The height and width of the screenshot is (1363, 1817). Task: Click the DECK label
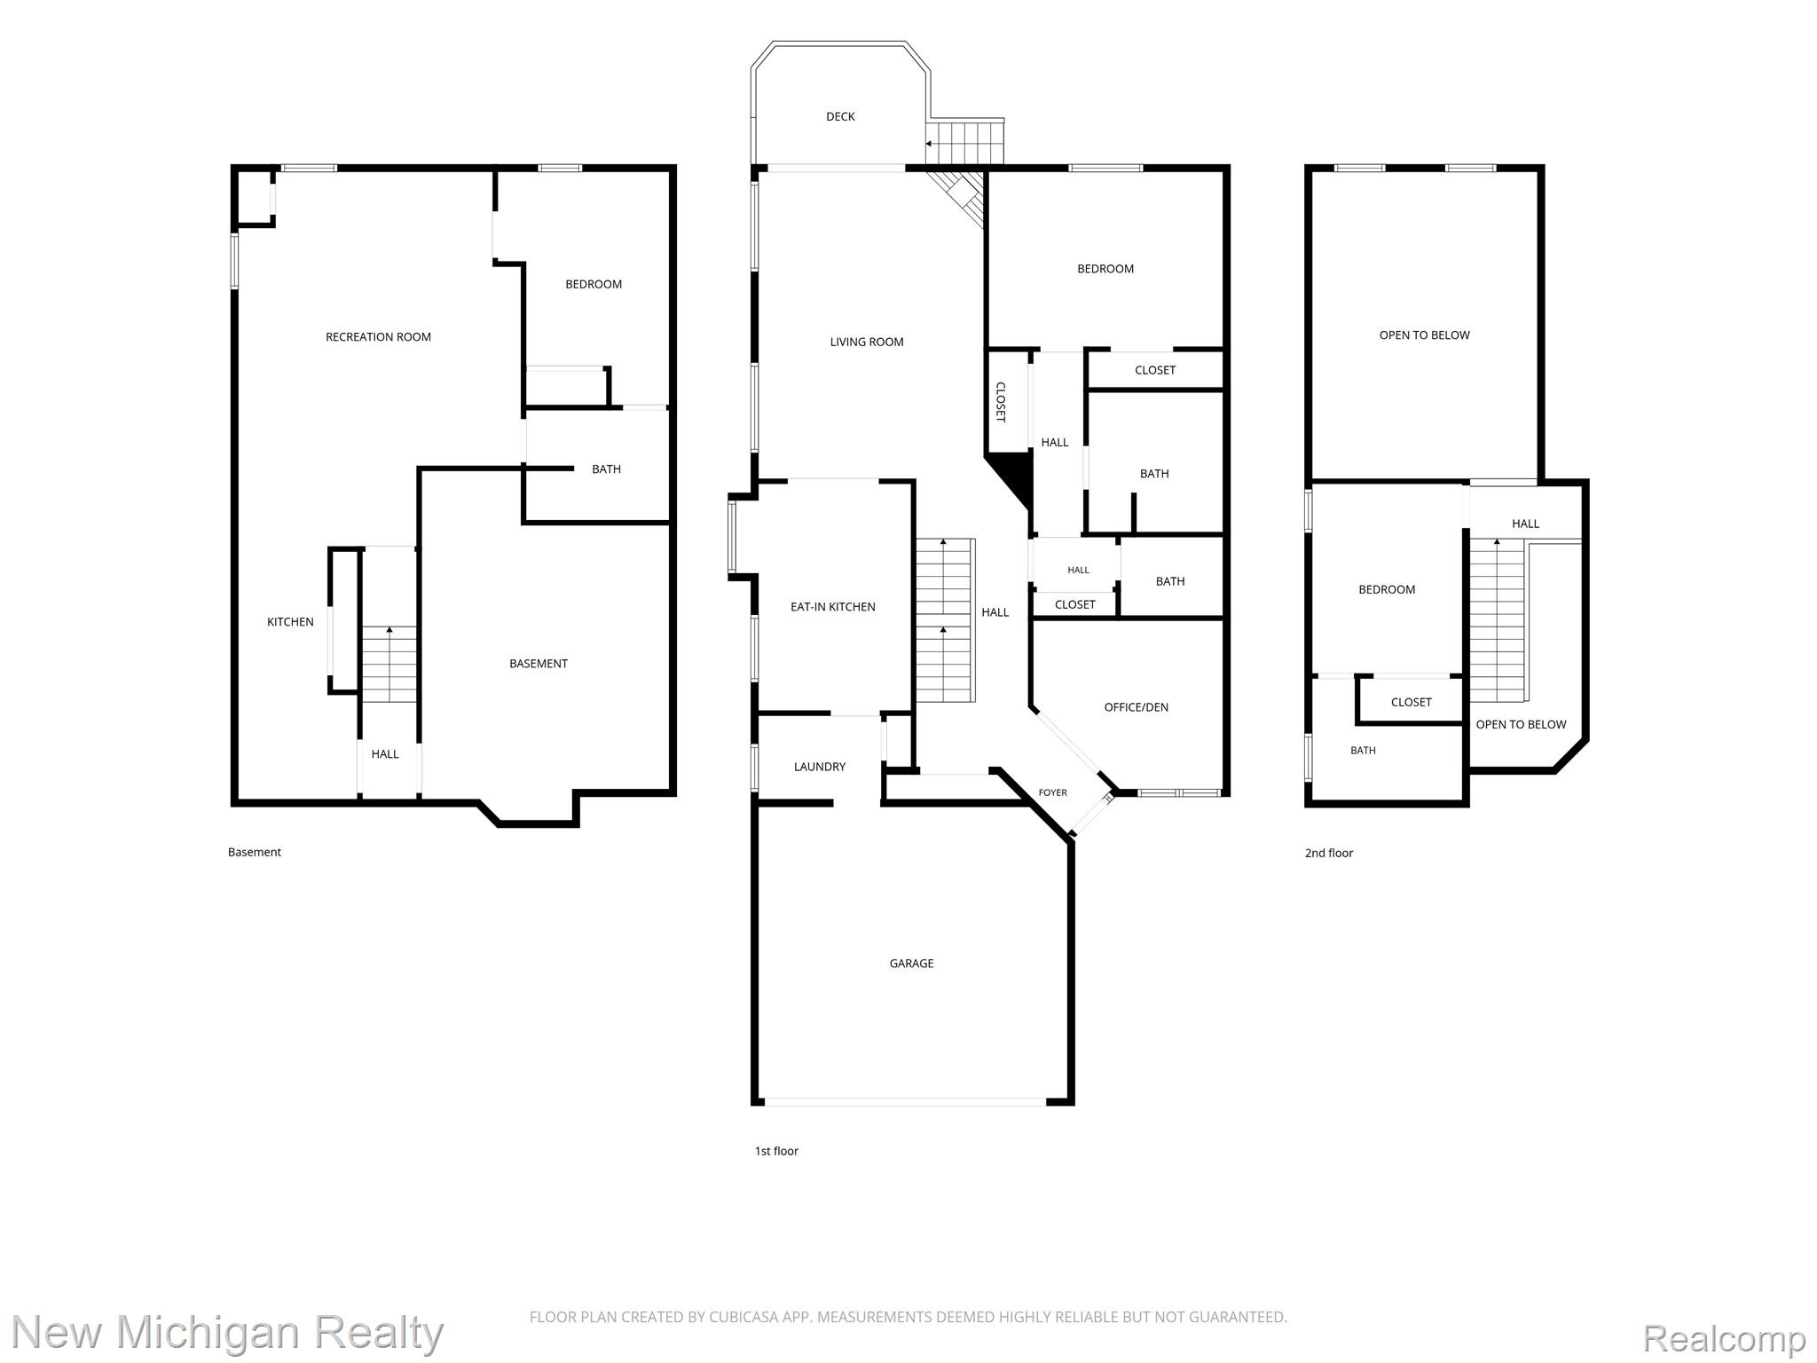coord(840,116)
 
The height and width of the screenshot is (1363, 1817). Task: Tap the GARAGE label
coord(911,963)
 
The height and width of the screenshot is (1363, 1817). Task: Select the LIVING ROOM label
coord(867,342)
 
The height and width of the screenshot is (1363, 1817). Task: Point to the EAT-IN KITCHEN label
coord(832,607)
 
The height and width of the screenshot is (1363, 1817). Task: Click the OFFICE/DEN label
coord(1136,707)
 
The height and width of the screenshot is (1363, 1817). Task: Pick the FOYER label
coord(1053,792)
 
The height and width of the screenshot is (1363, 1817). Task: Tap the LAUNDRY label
coord(820,767)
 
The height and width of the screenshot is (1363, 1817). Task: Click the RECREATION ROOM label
coord(378,336)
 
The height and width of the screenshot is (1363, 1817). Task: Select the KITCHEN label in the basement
coord(290,622)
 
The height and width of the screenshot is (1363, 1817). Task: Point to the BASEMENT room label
coord(539,664)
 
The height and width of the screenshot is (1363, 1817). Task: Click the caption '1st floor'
coord(776,1151)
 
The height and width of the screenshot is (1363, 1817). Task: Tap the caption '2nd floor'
coord(1329,853)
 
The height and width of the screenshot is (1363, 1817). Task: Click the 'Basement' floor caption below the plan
coord(255,852)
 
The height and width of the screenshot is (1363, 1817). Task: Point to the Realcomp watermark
coord(1725,1338)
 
